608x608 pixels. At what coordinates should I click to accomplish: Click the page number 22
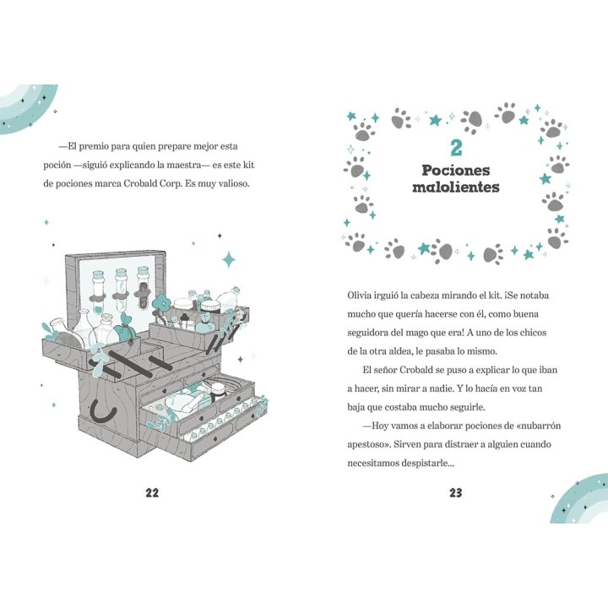(152, 492)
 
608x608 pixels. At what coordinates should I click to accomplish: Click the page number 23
(456, 492)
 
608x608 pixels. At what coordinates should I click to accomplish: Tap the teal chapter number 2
(456, 148)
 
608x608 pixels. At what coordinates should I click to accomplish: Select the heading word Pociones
(456, 171)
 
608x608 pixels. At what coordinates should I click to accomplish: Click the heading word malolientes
(456, 187)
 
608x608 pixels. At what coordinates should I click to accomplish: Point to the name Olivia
(359, 295)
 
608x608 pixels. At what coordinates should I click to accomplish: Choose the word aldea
(401, 351)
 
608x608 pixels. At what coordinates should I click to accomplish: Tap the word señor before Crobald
(385, 370)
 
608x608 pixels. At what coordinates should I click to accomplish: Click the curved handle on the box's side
(103, 412)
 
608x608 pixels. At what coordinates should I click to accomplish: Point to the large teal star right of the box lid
(229, 259)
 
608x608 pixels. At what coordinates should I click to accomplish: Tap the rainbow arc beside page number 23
(578, 500)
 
